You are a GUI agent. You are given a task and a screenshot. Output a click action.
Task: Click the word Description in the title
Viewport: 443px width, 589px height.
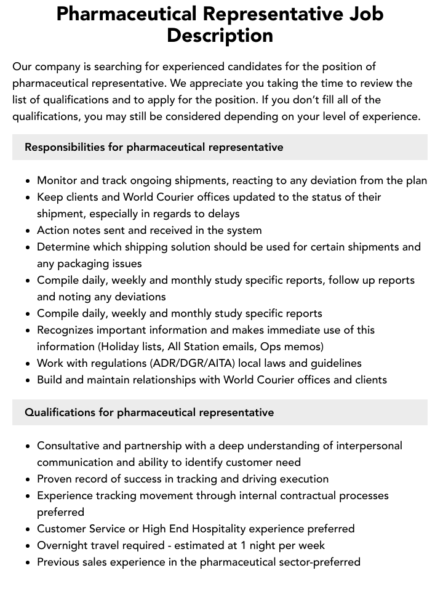pyautogui.click(x=220, y=35)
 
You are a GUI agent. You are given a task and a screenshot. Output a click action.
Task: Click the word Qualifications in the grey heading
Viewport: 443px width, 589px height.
pyautogui.click(x=60, y=412)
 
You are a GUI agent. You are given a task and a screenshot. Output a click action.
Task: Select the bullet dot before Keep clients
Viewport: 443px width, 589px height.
pyautogui.click(x=28, y=198)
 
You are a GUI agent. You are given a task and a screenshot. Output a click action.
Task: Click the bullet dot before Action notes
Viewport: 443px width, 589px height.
pyautogui.click(x=28, y=231)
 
